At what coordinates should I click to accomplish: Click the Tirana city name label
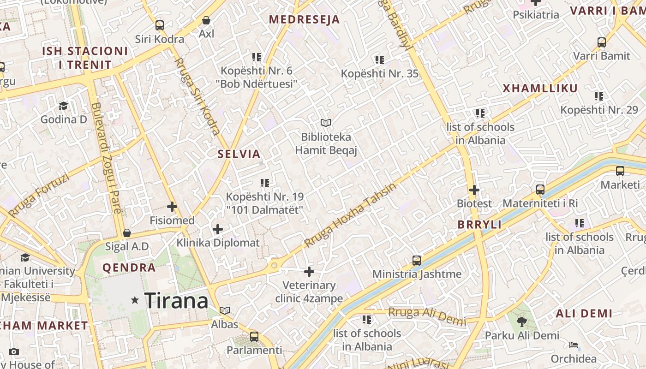[176, 301]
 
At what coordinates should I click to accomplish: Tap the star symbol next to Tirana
[135, 300]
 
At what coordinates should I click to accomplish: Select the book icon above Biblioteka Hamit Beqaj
[326, 123]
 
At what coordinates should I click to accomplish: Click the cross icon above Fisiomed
[172, 207]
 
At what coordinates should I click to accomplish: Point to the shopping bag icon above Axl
[206, 20]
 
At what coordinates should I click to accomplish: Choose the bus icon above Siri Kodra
[160, 25]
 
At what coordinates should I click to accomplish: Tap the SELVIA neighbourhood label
[239, 154]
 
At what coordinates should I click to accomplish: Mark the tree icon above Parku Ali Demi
[522, 321]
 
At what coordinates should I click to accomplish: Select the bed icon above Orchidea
[573, 345]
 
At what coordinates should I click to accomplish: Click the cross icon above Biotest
[474, 190]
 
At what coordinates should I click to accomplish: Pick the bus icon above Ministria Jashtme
[417, 261]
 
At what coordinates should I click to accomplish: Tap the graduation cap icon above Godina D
[63, 106]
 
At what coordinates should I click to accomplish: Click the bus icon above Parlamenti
[254, 337]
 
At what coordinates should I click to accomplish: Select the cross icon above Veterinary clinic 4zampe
[309, 272]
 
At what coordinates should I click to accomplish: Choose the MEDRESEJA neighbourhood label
[304, 19]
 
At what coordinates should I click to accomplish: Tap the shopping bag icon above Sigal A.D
[127, 233]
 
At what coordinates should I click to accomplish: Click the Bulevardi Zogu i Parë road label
[106, 157]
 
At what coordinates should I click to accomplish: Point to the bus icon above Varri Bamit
[602, 42]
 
